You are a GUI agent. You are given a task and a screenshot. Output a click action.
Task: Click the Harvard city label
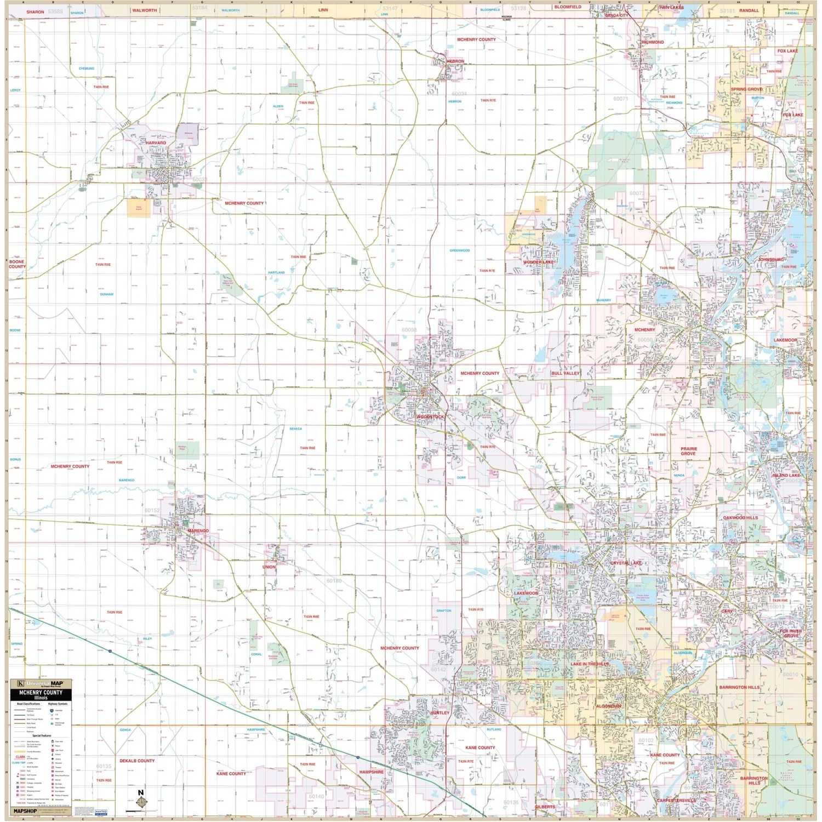coord(156,143)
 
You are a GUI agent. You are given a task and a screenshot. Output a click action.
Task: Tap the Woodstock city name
coord(430,417)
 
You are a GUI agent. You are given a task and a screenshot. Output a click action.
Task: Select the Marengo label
coord(198,531)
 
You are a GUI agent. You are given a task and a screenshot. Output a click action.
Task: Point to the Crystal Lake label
coord(626,563)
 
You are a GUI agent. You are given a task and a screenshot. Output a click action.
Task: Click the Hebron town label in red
coord(455,61)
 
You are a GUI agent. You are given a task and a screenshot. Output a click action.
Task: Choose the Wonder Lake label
coord(538,262)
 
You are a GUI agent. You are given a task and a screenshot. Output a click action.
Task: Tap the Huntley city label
coord(439,713)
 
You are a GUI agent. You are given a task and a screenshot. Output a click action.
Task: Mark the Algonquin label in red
coord(608,706)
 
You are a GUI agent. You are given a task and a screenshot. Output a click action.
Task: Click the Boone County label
coord(17,264)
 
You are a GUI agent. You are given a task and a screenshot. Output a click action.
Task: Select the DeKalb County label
coord(137,761)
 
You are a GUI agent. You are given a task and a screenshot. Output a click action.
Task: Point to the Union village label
coord(269,567)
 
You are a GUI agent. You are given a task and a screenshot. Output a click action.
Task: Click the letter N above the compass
coord(141,793)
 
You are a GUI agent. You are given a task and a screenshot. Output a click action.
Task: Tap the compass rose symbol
coord(141,803)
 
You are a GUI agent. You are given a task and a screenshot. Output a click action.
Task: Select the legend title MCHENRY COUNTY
coord(41,693)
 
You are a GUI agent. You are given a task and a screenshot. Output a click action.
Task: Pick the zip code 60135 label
coord(104,767)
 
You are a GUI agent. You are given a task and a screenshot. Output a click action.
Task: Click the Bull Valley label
coord(566,373)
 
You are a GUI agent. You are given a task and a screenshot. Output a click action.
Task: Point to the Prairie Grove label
coord(688,451)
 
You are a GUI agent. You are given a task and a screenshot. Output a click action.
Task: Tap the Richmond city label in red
coord(653,42)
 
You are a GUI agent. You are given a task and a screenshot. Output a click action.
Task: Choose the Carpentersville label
coord(676,801)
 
